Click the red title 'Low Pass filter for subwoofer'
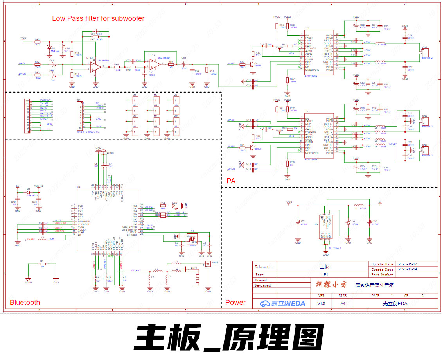pos(98,18)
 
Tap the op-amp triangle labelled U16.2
pos(154,63)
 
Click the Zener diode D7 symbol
pos(49,47)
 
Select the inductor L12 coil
pos(379,43)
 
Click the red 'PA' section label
pos(231,181)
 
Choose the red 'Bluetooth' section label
pos(25,302)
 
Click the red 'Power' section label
pos(235,302)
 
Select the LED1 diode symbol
pos(174,205)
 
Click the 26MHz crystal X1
pos(192,237)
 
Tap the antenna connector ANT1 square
pos(208,264)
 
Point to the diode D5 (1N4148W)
pos(28,192)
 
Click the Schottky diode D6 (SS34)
pos(348,222)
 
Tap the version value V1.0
pos(321,303)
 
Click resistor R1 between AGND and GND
pos(42,264)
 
